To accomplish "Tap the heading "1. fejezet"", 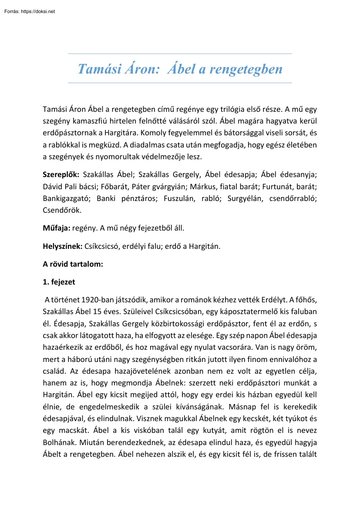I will pyautogui.click(x=59, y=282).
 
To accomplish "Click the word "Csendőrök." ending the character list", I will pyautogui.click(x=62, y=210).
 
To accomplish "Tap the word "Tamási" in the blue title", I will pyautogui.click(x=98, y=69).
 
